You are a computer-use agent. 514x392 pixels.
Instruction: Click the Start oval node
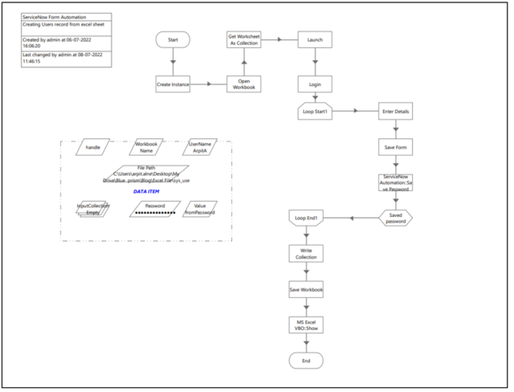point(173,39)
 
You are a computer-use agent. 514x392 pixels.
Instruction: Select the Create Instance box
point(173,83)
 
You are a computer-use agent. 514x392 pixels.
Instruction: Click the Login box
point(314,84)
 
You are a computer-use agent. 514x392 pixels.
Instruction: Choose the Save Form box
point(395,147)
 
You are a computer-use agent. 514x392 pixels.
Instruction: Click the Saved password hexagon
point(395,218)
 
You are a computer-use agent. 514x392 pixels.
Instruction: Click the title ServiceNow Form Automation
point(54,16)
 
